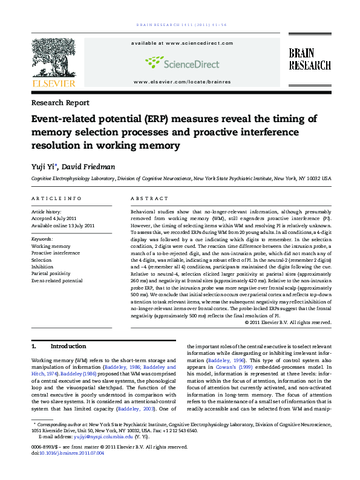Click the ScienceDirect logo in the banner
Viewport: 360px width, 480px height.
click(x=178, y=62)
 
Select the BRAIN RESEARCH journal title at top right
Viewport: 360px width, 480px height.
click(x=309, y=59)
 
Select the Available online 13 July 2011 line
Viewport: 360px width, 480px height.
click(x=63, y=225)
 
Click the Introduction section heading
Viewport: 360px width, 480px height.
click(x=68, y=346)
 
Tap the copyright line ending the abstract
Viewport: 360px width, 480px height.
click(x=288, y=323)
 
